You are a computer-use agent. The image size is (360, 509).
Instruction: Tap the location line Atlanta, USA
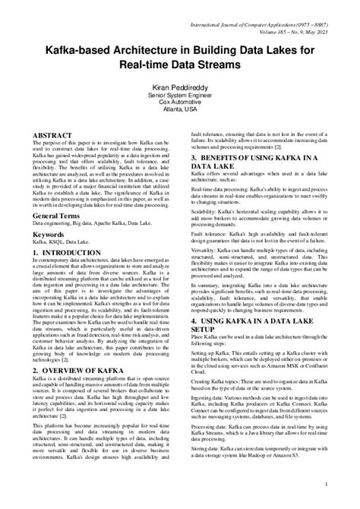[x=179, y=119]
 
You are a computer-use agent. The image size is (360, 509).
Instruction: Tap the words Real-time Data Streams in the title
[x=179, y=65]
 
